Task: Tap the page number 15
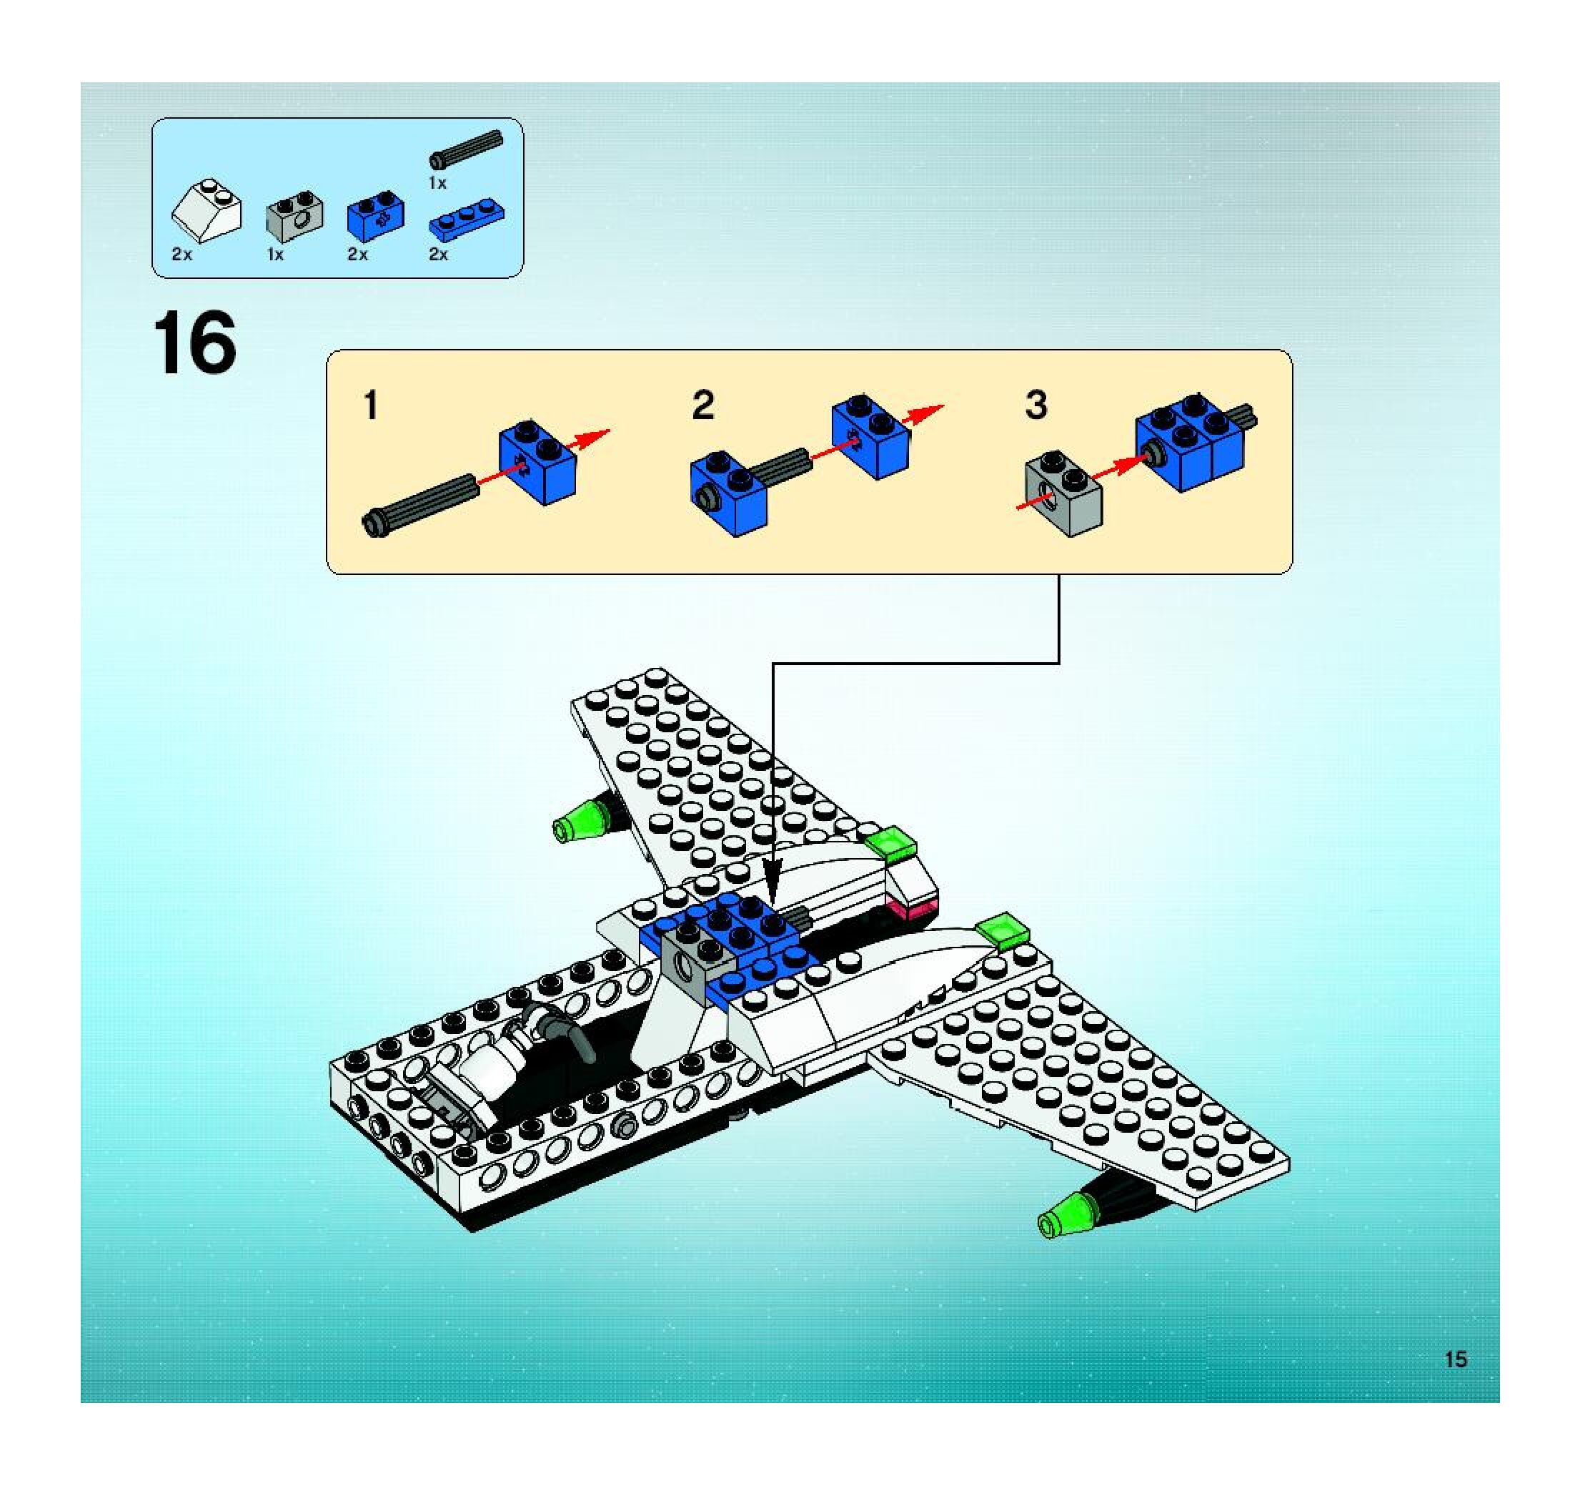point(1456,1359)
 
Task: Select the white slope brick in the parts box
point(207,210)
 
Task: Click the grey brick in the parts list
point(294,215)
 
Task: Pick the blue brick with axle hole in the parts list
point(374,215)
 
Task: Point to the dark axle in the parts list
point(467,149)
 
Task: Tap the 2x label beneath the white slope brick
point(182,255)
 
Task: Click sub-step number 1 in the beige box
point(371,405)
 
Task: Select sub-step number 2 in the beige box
point(702,405)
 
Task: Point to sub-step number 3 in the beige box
point(1035,405)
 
